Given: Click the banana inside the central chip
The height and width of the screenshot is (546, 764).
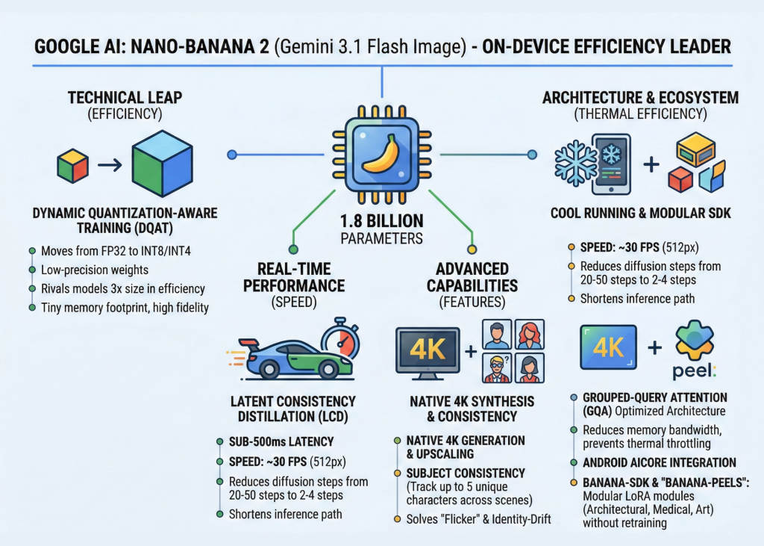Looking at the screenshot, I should pyautogui.click(x=381, y=152).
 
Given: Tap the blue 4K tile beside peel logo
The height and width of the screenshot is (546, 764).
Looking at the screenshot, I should pyautogui.click(x=608, y=347).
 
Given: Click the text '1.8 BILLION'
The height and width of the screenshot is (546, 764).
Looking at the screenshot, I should pyautogui.click(x=381, y=222).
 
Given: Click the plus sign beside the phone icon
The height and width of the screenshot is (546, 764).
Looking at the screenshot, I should pyautogui.click(x=651, y=164).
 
